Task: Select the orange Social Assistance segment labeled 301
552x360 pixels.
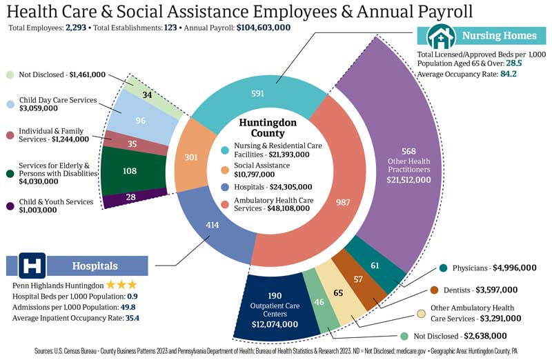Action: click(192, 157)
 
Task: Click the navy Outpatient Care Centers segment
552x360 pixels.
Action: click(275, 310)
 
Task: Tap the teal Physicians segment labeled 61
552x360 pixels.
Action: click(375, 265)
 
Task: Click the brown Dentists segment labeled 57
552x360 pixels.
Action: click(358, 279)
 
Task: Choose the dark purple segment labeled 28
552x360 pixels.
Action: click(131, 197)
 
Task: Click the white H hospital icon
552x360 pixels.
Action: click(32, 266)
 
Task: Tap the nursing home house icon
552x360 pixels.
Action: click(441, 37)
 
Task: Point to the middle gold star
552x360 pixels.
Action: click(121, 284)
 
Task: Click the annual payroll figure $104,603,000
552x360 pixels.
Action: click(264, 28)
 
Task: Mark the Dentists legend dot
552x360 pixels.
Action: click(434, 290)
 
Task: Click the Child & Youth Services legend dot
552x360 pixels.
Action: click(10, 206)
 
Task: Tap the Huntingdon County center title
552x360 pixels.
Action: click(268, 128)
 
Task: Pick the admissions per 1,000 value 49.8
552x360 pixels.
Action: click(128, 307)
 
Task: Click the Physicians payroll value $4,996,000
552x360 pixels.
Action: click(514, 268)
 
